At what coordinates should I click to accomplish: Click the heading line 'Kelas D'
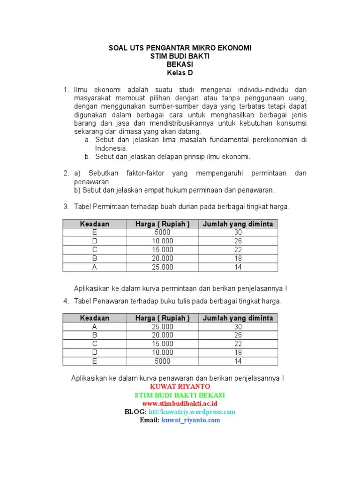(180, 73)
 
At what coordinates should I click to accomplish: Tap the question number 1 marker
(66, 89)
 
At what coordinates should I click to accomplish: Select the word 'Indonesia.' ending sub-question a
(112, 148)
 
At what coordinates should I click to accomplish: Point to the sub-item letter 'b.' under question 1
(88, 157)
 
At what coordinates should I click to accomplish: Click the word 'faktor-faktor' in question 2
(145, 173)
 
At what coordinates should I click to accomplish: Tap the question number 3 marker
(66, 207)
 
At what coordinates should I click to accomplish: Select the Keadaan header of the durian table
(95, 224)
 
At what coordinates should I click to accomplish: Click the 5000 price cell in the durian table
(163, 232)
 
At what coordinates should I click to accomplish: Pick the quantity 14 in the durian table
(238, 267)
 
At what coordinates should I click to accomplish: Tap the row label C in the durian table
(95, 249)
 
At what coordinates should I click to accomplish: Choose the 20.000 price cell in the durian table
(163, 258)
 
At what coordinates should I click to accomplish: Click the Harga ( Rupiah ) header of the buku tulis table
(163, 318)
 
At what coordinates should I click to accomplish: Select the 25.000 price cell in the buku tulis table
(163, 326)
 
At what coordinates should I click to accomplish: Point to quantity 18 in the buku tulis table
(238, 352)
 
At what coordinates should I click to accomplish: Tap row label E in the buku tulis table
(95, 361)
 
